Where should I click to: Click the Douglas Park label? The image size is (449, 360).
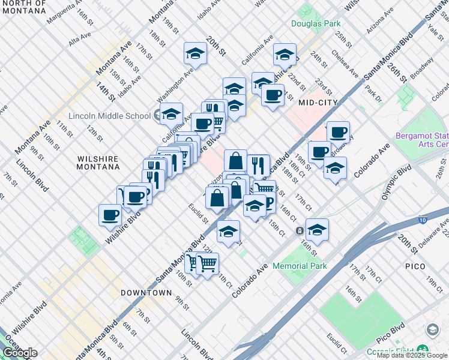coord(315,24)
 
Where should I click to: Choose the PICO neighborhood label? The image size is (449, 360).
coord(415,266)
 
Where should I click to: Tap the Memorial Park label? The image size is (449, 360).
coord(299,265)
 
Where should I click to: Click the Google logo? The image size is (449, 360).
coord(20,353)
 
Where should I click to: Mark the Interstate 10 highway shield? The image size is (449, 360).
coord(424,220)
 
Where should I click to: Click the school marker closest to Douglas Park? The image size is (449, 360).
coord(284,55)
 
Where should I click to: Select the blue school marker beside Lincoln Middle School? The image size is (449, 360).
coord(171,113)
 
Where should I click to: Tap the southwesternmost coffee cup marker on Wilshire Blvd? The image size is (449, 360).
coord(110,215)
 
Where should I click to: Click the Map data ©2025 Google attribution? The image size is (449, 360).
coord(412,355)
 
